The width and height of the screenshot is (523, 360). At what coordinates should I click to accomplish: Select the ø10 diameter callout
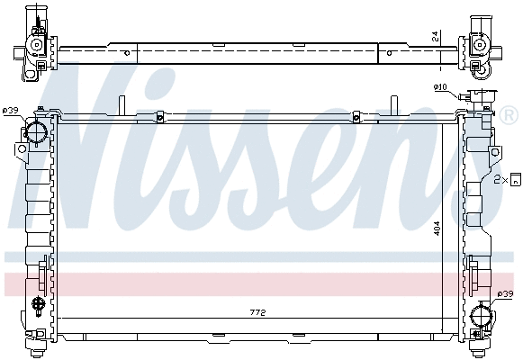click(439, 86)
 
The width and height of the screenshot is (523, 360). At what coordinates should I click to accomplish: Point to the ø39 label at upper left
click(11, 111)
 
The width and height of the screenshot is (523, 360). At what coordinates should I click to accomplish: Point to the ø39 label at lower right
click(508, 294)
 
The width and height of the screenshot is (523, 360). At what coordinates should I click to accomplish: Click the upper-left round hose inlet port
click(37, 132)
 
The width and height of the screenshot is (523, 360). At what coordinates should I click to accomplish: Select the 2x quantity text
click(500, 180)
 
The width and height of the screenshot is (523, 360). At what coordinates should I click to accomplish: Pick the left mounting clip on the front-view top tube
click(158, 115)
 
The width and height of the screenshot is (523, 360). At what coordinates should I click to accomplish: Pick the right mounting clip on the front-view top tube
click(356, 115)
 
